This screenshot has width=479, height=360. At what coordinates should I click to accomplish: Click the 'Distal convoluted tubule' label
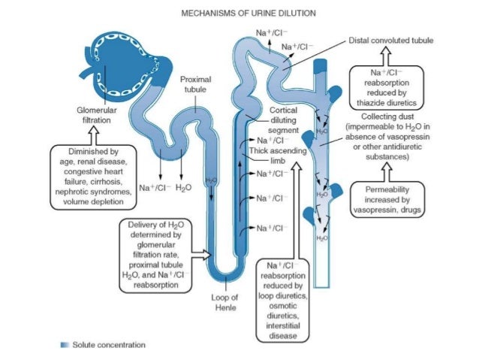tap(392, 39)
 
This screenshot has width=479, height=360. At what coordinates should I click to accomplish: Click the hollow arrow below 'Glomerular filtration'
tap(94, 133)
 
